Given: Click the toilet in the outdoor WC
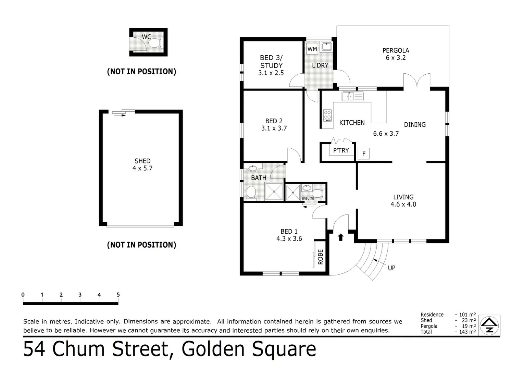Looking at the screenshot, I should tap(155, 43).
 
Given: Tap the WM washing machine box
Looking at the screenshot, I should tap(312, 49).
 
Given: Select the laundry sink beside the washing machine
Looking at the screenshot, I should tap(326, 47).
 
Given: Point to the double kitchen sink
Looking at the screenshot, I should tap(352, 96).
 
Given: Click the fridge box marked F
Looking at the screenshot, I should tap(364, 154).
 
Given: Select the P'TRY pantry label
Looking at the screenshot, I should tap(341, 150).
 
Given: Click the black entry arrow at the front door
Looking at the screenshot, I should tap(340, 237).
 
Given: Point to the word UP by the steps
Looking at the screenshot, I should tap(391, 268).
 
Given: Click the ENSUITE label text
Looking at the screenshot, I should tap(308, 199).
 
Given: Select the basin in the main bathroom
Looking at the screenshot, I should tap(253, 168).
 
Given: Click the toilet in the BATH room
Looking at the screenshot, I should tap(251, 193).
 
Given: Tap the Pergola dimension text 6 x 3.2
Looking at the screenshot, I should tap(396, 58).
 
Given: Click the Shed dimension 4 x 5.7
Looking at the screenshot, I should tap(142, 168).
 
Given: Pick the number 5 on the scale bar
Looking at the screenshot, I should tap(118, 295).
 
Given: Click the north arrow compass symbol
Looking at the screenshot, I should tap(489, 325).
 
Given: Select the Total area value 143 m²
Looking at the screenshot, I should tap(467, 332).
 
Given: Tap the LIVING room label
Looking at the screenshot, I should tap(403, 197).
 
